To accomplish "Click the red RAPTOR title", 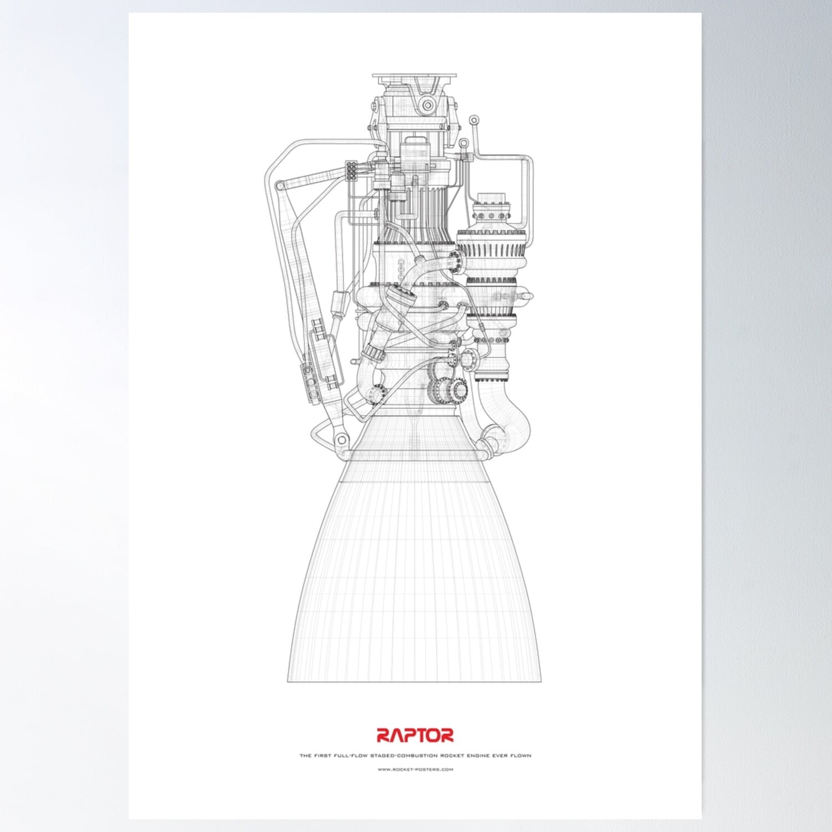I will click(415, 735).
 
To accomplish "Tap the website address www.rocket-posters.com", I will click(415, 769).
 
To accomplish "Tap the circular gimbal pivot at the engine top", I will click(427, 104).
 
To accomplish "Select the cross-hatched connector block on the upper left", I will click(351, 171).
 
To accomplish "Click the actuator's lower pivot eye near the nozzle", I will click(339, 440).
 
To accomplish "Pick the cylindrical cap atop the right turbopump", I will click(490, 198).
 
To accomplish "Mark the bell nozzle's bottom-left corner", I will click(288, 681).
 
